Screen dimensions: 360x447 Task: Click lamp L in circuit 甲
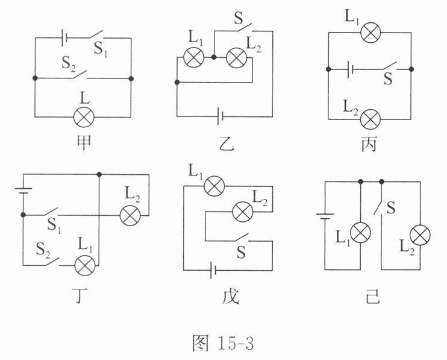click(x=83, y=116)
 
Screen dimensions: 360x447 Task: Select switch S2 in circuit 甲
click(x=83, y=75)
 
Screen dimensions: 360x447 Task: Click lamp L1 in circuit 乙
click(x=194, y=58)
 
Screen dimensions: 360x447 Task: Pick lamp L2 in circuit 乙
click(x=235, y=58)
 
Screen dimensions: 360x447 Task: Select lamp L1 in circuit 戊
click(x=212, y=186)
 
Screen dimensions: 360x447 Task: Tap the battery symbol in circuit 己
click(x=325, y=215)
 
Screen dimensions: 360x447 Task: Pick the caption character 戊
click(x=230, y=297)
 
